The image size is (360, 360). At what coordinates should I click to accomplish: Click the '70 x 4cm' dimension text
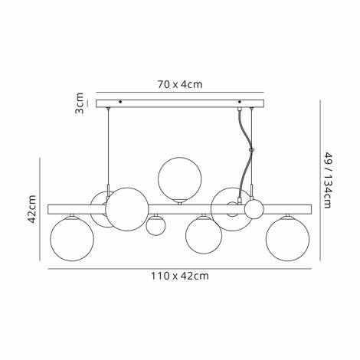coord(180,85)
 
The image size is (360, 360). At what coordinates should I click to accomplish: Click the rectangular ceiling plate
coord(180,102)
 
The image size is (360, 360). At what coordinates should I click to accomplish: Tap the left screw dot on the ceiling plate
coord(120,102)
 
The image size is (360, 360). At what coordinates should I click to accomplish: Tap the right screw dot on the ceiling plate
coord(240,102)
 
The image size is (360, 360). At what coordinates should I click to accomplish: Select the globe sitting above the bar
coord(179,178)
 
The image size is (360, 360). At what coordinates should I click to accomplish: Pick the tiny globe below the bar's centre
coord(156,226)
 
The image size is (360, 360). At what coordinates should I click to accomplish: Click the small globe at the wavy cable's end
coord(253,208)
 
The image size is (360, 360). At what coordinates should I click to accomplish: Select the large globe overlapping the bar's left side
coord(127,210)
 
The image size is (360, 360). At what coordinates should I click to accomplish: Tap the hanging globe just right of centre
coord(203,235)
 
